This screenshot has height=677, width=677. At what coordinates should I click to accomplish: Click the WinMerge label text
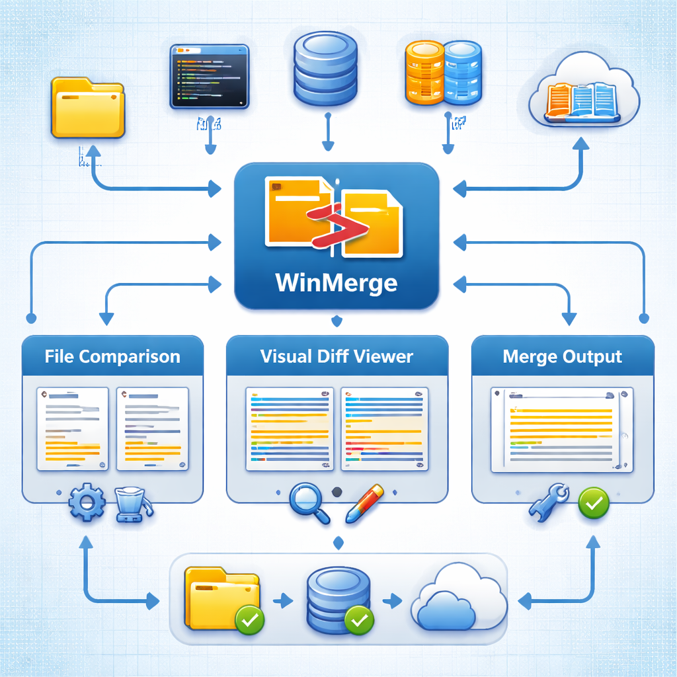tap(337, 282)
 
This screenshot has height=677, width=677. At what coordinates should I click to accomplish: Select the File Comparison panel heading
tap(112, 357)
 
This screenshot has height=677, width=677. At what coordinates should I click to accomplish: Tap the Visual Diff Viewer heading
tap(337, 357)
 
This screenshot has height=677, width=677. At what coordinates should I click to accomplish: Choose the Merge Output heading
tap(563, 357)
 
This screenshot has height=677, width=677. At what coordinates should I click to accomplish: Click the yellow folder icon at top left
tap(87, 108)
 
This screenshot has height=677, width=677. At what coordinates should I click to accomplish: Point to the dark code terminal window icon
tap(210, 76)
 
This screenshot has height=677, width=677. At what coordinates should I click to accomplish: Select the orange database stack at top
tap(424, 72)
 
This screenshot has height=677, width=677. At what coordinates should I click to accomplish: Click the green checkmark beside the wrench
tap(594, 503)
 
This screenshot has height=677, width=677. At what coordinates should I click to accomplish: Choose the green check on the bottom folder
tap(250, 619)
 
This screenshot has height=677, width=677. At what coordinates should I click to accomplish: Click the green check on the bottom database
tap(359, 619)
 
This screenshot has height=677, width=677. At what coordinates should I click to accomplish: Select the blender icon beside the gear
tap(132, 506)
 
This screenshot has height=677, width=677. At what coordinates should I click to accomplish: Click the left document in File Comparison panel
tap(72, 428)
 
